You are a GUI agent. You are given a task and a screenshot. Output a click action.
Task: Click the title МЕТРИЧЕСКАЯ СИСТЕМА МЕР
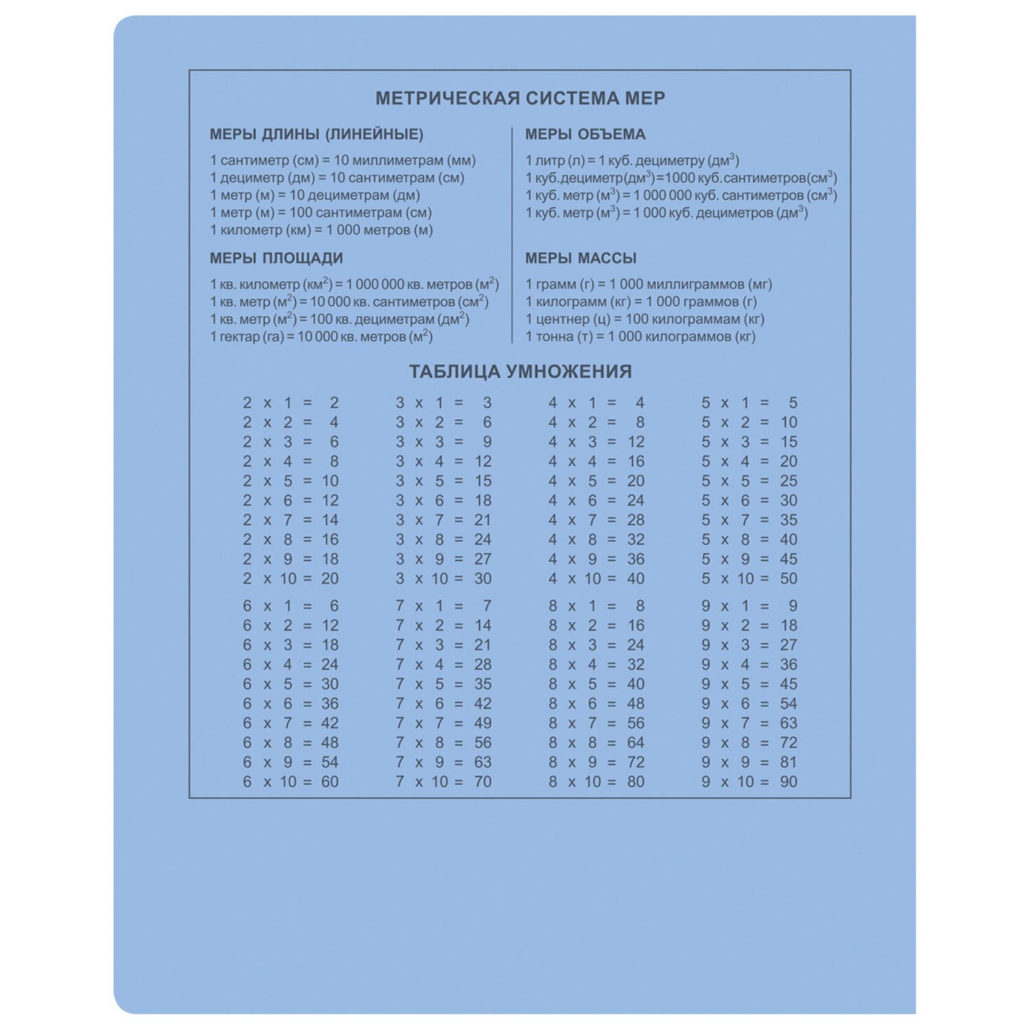(520, 99)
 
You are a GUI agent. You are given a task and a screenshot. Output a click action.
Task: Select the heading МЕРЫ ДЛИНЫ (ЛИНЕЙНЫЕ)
(316, 134)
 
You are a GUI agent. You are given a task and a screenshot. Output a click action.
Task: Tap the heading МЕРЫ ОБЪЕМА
(585, 134)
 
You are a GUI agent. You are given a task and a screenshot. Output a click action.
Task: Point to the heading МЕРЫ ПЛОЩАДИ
(276, 259)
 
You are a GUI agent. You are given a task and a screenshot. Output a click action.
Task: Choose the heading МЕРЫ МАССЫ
(580, 259)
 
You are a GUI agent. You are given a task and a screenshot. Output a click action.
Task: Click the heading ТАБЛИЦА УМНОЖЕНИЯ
(520, 372)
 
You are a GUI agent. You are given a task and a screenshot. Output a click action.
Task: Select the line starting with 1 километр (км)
(321, 230)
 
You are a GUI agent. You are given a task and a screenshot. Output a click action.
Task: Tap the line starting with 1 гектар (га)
(321, 337)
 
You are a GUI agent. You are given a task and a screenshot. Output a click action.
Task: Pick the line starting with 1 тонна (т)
(640, 337)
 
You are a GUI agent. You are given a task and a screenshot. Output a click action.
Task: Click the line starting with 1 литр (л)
(632, 161)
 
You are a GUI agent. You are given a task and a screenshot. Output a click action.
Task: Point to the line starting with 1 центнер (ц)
(644, 319)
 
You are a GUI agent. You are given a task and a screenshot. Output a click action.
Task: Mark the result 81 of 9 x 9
(788, 762)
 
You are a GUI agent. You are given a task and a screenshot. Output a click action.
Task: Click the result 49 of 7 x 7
(482, 723)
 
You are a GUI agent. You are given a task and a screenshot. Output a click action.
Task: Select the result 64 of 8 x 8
(635, 743)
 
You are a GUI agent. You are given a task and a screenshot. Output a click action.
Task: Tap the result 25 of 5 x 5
(788, 481)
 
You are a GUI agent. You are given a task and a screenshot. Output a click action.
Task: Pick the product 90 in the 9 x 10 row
(788, 782)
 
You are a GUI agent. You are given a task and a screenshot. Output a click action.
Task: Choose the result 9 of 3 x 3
(486, 442)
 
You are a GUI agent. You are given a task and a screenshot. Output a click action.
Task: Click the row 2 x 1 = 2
(290, 403)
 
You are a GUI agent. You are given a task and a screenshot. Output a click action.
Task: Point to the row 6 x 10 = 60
(290, 782)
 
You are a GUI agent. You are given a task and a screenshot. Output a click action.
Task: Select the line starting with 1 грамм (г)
(648, 285)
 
